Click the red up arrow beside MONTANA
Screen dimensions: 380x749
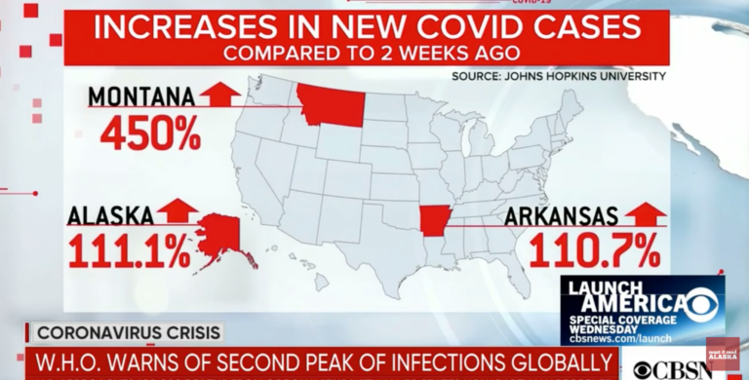220,95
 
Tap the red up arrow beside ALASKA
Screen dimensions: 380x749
177,211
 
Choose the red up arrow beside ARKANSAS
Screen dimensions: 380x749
645,212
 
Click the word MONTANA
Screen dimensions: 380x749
141,96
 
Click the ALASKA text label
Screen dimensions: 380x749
110,214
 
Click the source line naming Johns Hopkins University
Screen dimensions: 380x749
559,75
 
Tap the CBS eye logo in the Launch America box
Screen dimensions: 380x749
700,305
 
